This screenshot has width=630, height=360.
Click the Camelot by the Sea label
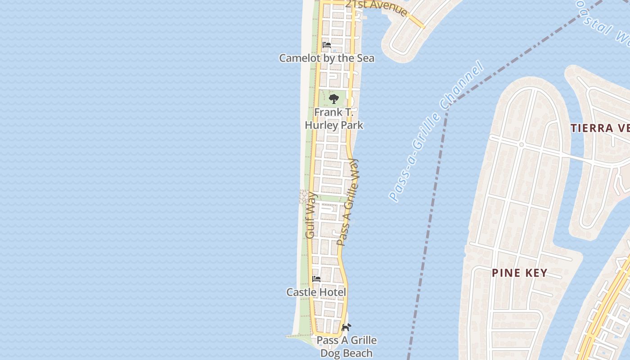coord(327,58)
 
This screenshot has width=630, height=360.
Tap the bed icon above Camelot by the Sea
coord(327,45)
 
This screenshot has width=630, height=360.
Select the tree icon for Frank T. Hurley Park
coord(333,99)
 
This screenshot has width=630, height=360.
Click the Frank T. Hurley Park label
coord(334,119)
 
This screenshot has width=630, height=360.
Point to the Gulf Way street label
coord(310,216)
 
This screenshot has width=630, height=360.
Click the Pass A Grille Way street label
coord(349,202)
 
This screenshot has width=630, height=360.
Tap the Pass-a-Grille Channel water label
coord(436,131)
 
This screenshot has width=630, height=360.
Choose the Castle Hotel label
coord(316,292)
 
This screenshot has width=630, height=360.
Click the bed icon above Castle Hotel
coord(316,279)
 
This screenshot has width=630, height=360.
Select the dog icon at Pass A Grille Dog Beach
coord(346,328)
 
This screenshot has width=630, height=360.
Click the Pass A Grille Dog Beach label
coord(346,346)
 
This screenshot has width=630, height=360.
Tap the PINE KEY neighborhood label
coord(520,273)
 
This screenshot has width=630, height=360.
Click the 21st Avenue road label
coord(376,7)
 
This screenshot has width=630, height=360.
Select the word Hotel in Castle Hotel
coord(332,292)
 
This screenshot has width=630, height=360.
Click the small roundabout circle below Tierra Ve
coord(521,145)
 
